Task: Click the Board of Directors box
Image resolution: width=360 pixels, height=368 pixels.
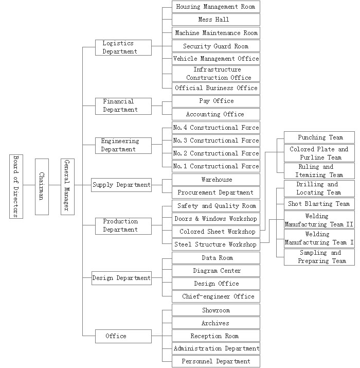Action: coord(16,186)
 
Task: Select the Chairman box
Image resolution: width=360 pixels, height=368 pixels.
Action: coord(42,186)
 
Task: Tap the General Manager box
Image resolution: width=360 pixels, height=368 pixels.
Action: coord(67,186)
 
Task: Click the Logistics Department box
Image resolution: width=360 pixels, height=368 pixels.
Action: coord(123,47)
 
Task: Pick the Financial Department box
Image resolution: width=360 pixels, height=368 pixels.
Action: coord(123,106)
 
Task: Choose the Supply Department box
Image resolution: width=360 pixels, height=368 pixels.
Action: coord(121,185)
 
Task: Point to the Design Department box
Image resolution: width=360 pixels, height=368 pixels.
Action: coord(121,278)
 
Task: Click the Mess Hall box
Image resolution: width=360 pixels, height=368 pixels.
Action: coord(215,20)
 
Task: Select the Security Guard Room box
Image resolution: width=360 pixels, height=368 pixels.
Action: coord(215,46)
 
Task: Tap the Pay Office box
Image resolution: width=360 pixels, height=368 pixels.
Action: coord(215,101)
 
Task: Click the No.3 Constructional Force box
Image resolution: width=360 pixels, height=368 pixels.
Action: coord(215,141)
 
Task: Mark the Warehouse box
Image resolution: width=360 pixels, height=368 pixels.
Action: coord(215,180)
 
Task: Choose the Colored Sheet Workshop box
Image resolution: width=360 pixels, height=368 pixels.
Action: coord(215,232)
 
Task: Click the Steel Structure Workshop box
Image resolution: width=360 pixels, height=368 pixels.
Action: coord(215,244)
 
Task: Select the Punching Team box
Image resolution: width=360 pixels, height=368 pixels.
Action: coord(319,137)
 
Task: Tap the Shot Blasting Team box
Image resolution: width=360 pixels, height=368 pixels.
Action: coord(319,204)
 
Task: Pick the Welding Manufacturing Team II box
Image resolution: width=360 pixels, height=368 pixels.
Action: coord(319,220)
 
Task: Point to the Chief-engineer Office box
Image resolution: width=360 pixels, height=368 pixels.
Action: coord(215,296)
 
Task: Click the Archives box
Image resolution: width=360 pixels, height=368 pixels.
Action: coord(215,323)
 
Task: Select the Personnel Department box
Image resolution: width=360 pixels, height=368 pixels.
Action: coord(215,361)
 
